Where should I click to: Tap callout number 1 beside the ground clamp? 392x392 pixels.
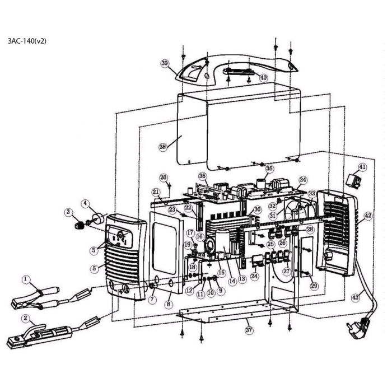26,278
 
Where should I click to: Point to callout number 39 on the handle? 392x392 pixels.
165,64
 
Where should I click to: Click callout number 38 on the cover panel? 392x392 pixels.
163,147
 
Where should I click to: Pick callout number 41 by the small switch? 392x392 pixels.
362,167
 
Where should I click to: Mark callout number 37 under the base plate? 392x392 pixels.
249,330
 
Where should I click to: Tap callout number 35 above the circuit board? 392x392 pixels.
269,169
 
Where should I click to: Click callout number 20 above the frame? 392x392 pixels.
164,178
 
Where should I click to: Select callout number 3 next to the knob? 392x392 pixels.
68,212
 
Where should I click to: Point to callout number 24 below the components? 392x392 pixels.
254,276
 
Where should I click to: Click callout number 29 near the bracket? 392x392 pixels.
314,286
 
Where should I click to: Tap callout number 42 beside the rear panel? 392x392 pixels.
368,215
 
